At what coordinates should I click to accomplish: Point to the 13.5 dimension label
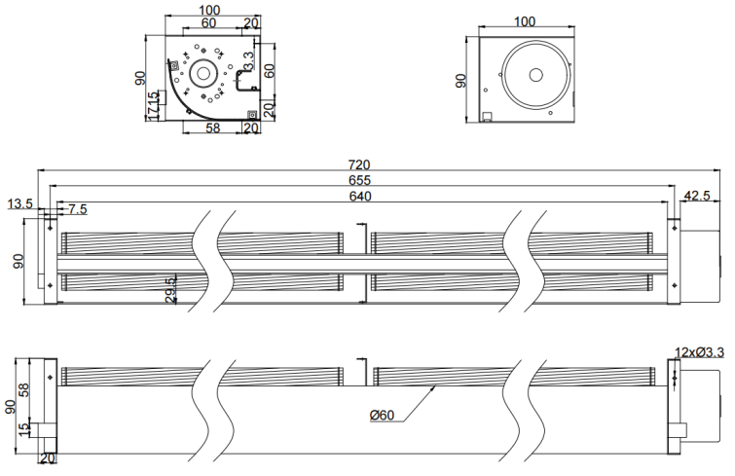tap(20, 204)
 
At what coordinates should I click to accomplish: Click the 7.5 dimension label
tap(77, 208)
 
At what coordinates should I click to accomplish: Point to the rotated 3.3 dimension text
tap(249, 62)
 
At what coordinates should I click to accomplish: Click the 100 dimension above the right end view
tap(525, 21)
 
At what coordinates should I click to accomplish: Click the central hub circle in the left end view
tap(203, 73)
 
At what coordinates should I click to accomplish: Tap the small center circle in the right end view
tap(533, 76)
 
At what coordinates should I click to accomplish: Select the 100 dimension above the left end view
tap(207, 10)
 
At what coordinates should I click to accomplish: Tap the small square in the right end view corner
tap(487, 118)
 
